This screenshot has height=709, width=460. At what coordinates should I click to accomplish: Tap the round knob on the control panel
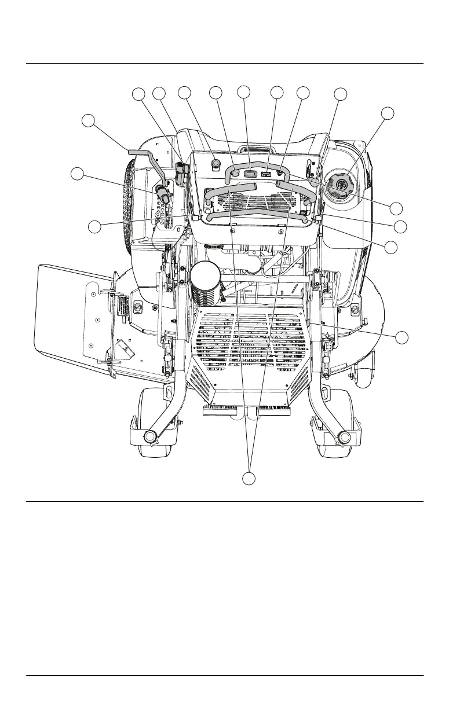[x=217, y=164]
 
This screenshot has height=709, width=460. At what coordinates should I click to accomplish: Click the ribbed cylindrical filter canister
[x=207, y=284]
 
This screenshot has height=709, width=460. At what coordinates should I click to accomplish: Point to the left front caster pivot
[x=152, y=435]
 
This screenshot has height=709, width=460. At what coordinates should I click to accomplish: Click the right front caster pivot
[x=344, y=435]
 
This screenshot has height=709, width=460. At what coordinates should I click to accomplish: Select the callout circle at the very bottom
[x=249, y=479]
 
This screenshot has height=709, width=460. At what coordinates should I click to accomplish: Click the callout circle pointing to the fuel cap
[x=388, y=113]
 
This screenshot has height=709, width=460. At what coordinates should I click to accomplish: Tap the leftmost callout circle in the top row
[x=138, y=93]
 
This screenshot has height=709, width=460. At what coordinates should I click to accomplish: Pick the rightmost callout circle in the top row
[x=341, y=94]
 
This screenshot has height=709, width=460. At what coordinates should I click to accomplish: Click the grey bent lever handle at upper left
[x=140, y=152]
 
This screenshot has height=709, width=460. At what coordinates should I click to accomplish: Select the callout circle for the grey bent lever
[x=87, y=121]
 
